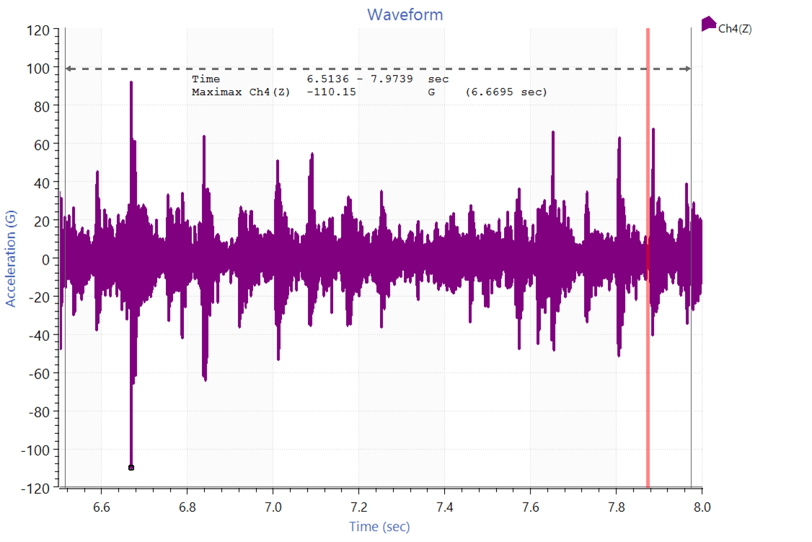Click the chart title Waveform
pos(405,14)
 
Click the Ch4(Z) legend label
pos(736,29)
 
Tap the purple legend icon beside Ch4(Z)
pos(708,24)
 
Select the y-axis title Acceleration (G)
pos(11,259)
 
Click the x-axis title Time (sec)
pos(379,527)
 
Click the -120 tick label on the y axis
pos(36,488)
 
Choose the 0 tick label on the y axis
pos(45,259)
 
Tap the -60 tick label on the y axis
pos(39,373)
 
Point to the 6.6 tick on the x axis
pos(102,507)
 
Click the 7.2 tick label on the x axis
pos(359,507)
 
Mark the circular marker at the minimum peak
pos(131,468)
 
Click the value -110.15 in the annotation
pos(332,92)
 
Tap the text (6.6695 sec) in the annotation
pos(506,92)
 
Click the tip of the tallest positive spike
pos(131,82)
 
